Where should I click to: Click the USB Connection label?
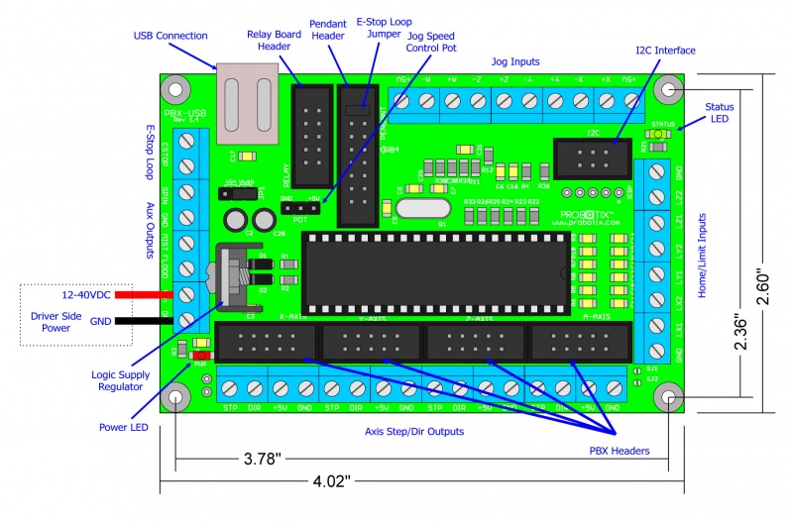[170, 37]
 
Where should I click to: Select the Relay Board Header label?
[275, 42]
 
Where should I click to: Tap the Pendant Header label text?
[328, 30]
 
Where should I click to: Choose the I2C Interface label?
[665, 50]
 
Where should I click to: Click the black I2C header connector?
[592, 158]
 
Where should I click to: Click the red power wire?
[148, 295]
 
